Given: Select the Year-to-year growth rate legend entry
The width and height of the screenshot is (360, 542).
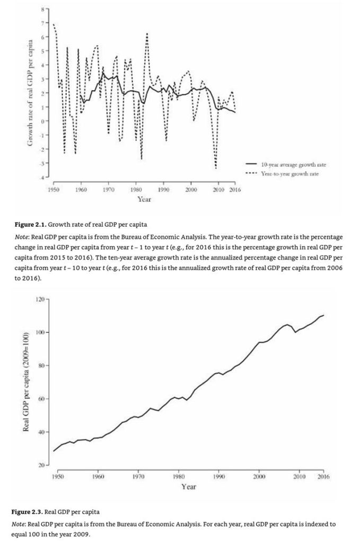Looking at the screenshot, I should [289, 173].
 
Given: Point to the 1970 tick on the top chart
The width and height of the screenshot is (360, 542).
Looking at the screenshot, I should [109, 189].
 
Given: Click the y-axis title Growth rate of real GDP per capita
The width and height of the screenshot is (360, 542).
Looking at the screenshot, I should [30, 93].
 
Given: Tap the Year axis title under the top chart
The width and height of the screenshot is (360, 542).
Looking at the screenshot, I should [144, 199].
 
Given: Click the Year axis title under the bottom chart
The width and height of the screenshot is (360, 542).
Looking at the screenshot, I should [189, 486].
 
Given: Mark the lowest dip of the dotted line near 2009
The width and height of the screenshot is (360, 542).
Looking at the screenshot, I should [216, 168].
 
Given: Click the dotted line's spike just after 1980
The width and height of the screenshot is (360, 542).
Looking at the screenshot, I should [147, 33].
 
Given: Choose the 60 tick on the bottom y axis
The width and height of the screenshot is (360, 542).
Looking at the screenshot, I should [40, 399].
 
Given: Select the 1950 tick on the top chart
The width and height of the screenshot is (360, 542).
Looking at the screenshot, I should [54, 189].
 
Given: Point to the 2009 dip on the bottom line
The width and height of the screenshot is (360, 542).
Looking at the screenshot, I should [296, 332].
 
